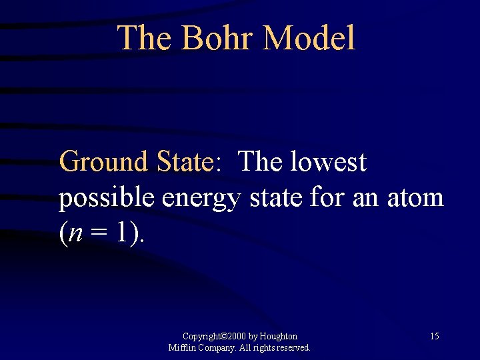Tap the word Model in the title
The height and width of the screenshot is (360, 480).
pyautogui.click(x=309, y=38)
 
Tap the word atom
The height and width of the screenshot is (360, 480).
pyautogui.click(x=415, y=198)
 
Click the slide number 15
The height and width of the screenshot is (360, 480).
pyautogui.click(x=434, y=336)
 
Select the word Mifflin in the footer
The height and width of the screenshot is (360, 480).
pyautogui.click(x=182, y=347)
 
